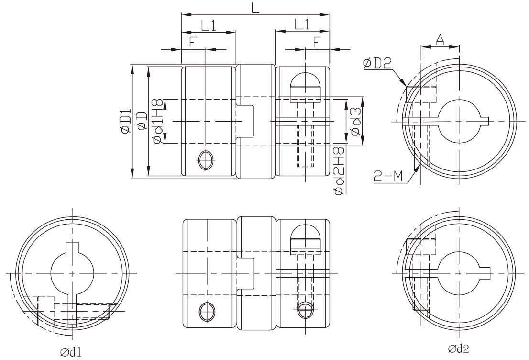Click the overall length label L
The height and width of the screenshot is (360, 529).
point(255,7)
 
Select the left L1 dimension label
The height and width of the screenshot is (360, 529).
point(209,25)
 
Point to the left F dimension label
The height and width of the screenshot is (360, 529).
point(193,42)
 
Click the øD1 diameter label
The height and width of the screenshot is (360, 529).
point(125,121)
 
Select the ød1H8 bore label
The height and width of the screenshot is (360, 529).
point(158,121)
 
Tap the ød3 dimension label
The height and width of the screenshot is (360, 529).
point(356,121)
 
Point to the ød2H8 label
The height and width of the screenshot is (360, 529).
point(339,171)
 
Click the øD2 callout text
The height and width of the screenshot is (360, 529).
point(377,63)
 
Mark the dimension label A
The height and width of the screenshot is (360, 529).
point(440,40)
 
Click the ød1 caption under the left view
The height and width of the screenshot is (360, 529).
point(71,352)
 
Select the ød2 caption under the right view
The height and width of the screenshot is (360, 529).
point(459,348)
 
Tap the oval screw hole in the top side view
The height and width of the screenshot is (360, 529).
point(206,159)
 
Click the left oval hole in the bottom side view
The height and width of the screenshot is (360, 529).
point(207,311)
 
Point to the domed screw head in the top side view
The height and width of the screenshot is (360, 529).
point(305,87)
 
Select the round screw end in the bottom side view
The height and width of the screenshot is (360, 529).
point(305,310)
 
